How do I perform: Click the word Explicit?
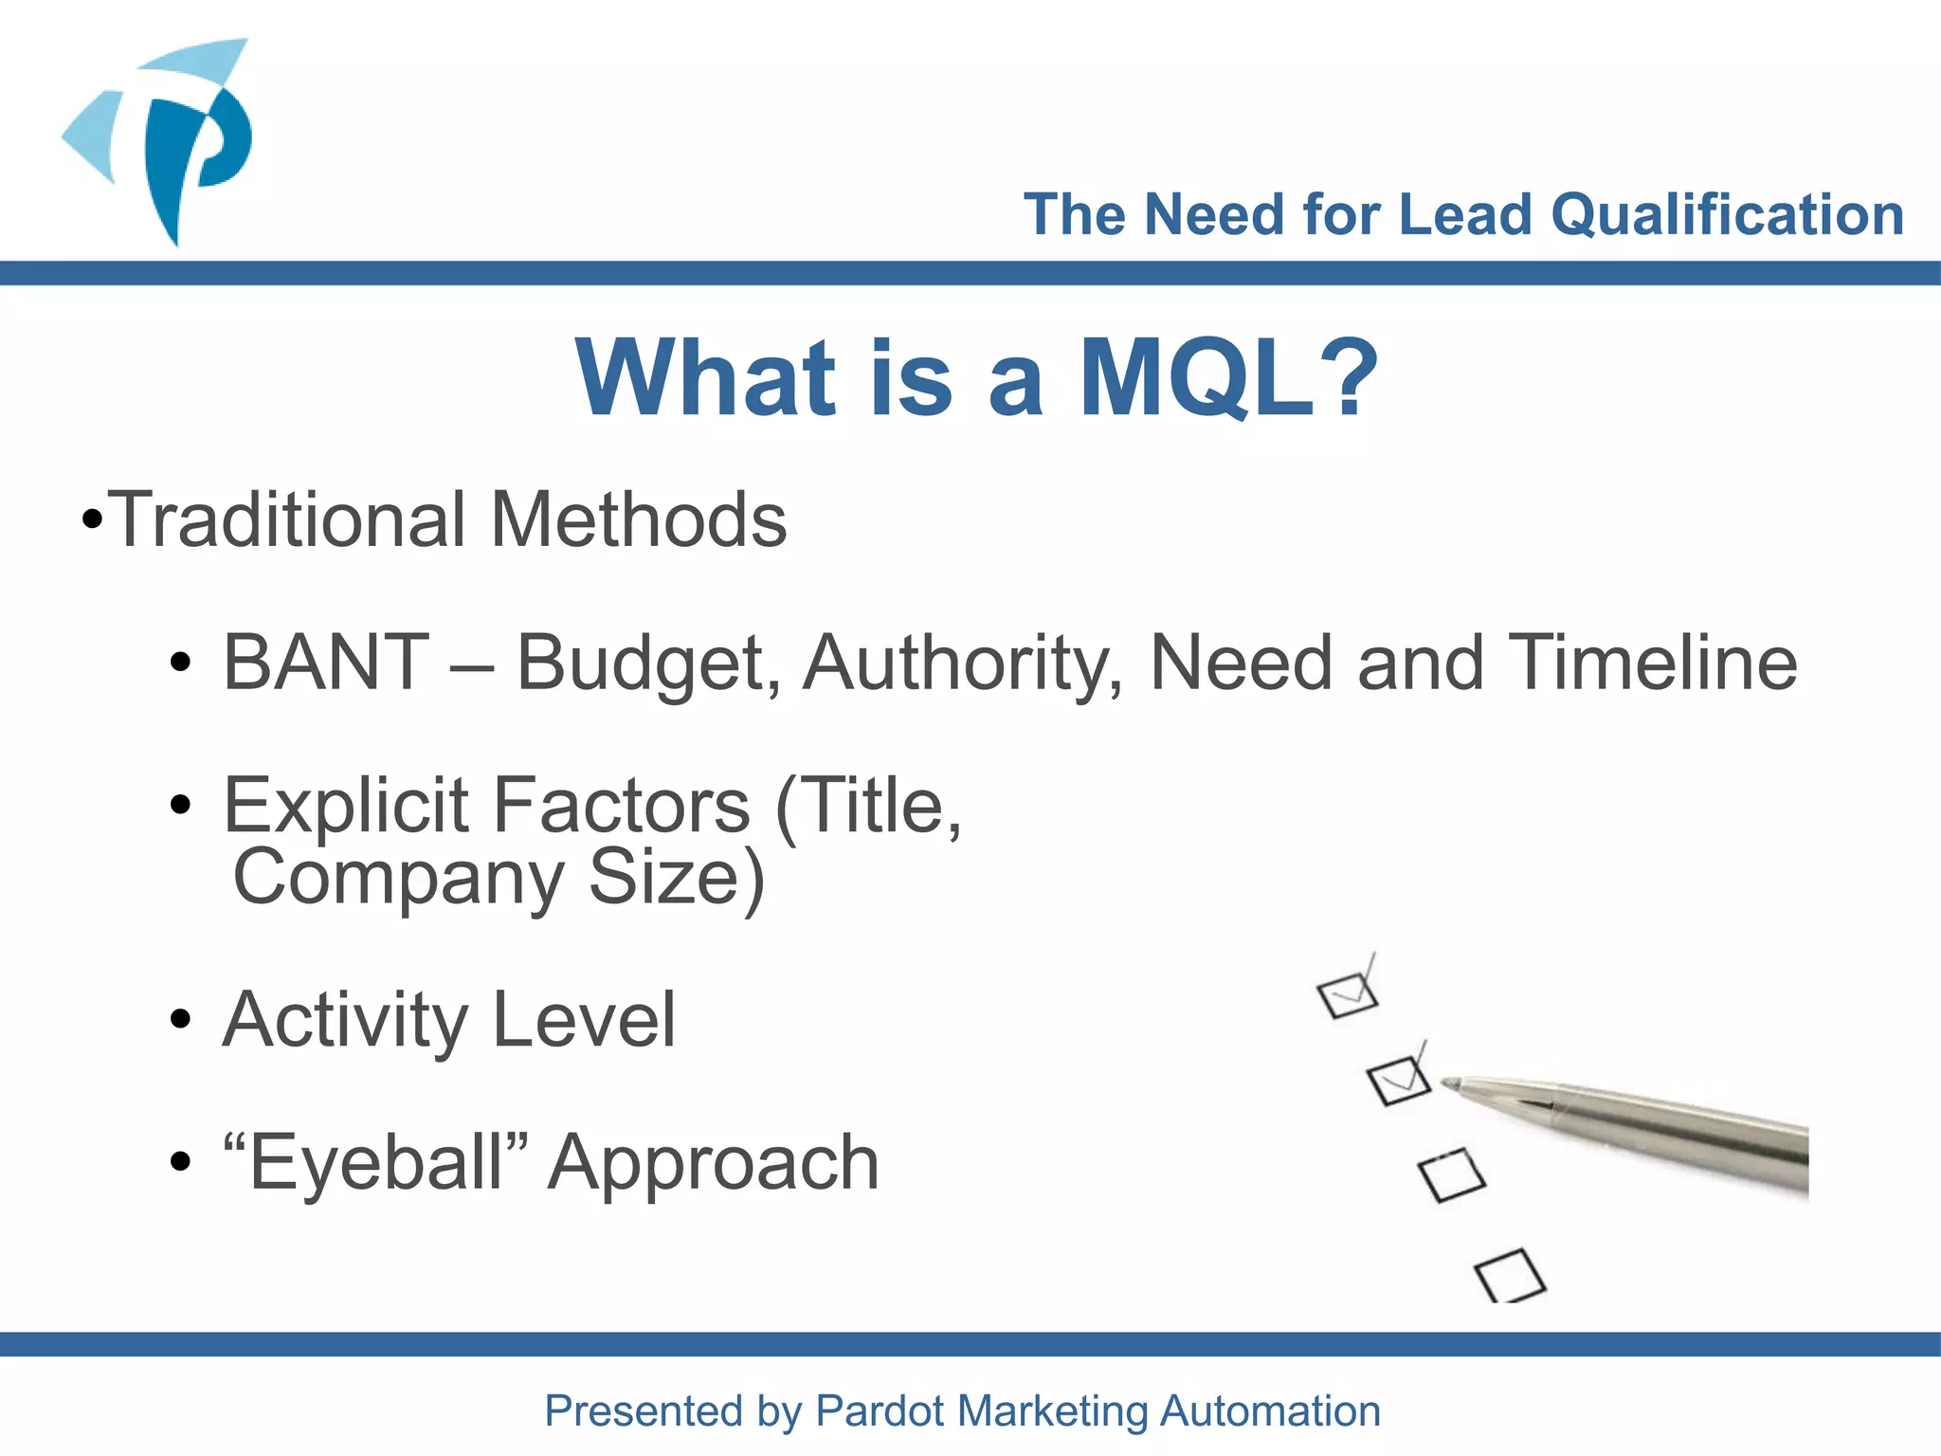point(346,806)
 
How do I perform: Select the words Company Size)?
point(499,877)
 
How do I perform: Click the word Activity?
point(345,1020)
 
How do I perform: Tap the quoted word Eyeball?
point(374,1162)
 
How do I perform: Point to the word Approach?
point(714,1164)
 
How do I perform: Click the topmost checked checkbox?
point(1347,994)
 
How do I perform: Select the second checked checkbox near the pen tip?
point(1398,1080)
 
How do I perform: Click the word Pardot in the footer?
point(881,1410)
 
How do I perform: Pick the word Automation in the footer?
point(1270,1410)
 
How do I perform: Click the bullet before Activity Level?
point(180,1020)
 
